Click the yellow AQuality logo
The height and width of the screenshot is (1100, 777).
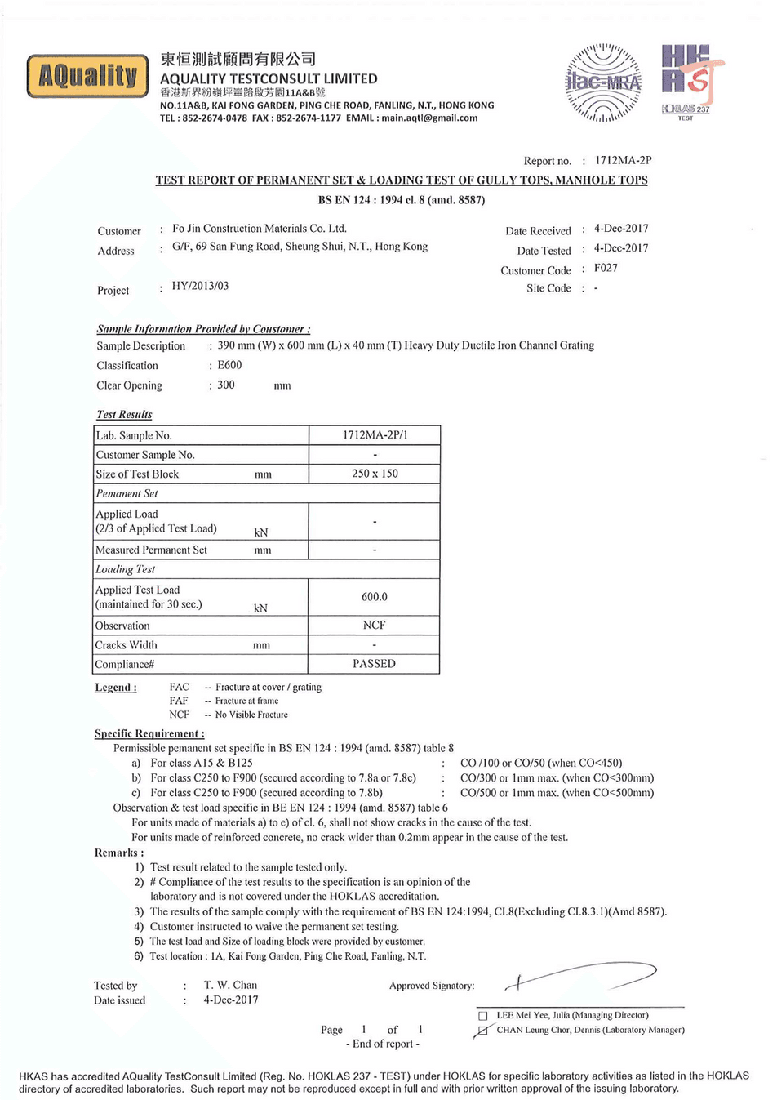(88, 76)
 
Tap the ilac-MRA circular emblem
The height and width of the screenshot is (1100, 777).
(603, 82)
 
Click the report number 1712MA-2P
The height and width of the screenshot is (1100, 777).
(623, 160)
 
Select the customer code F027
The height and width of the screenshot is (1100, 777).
(606, 268)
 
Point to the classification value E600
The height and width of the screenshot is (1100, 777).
(229, 365)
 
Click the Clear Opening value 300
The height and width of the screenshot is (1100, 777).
(226, 385)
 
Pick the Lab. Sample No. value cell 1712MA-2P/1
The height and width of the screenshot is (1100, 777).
(375, 435)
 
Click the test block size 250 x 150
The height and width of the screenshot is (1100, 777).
(375, 474)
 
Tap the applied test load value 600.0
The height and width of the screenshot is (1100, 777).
(375, 597)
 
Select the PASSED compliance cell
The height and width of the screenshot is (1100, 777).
(374, 664)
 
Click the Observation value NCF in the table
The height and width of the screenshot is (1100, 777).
(374, 625)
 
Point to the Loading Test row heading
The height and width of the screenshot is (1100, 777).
(125, 569)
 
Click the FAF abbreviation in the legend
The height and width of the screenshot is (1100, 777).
(179, 701)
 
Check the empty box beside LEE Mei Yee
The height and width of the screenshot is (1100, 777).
(482, 1016)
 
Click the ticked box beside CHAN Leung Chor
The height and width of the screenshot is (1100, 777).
(482, 1031)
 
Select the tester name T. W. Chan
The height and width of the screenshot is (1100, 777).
(230, 985)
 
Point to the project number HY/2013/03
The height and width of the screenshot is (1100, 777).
(200, 286)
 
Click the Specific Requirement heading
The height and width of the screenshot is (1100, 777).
(149, 733)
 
